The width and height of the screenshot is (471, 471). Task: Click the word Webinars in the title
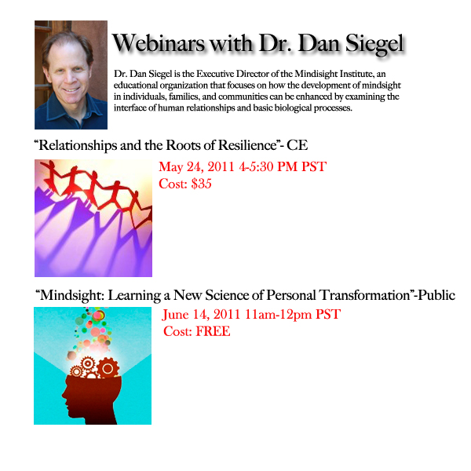(159, 43)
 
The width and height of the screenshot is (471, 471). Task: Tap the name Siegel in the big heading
(374, 45)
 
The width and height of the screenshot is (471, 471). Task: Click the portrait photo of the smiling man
(71, 75)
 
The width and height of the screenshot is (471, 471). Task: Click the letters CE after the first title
(297, 145)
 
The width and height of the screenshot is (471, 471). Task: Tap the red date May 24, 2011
(196, 167)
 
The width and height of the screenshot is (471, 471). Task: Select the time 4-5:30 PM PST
(283, 166)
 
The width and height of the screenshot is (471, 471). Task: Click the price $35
(201, 184)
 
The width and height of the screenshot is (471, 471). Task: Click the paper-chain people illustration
(93, 218)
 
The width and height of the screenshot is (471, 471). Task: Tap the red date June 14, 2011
(201, 315)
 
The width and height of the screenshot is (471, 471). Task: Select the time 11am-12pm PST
(293, 315)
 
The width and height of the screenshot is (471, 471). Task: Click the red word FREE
(213, 331)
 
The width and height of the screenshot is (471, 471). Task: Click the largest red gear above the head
(108, 368)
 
